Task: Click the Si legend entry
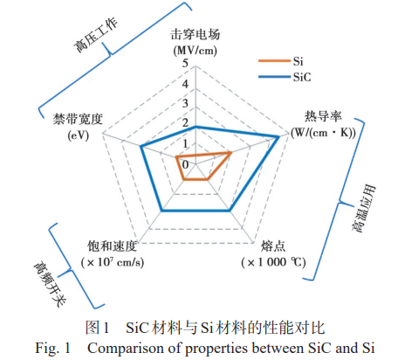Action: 281,61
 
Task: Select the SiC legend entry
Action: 285,77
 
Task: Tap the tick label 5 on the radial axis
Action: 185,63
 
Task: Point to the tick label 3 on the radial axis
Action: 185,103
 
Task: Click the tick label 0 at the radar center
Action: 185,165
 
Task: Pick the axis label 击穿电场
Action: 196,34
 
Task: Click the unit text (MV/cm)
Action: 196,51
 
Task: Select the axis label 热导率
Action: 323,116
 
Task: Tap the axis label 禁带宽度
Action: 78,119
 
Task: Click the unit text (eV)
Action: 78,135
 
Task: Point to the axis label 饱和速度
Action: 113,246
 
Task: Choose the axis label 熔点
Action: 273,246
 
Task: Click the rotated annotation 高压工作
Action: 95,35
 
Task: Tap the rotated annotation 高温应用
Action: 364,209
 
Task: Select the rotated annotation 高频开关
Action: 50,283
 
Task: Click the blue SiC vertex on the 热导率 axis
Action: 278,136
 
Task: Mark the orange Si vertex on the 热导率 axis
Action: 231,152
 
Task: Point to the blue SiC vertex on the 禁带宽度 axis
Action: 141,147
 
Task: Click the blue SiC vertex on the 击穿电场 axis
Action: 196,127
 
